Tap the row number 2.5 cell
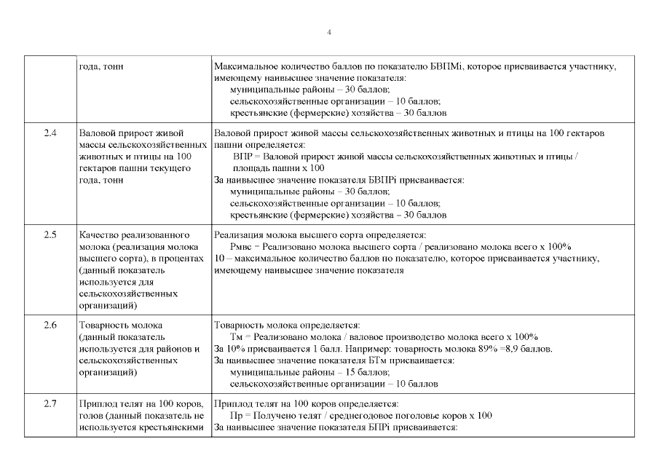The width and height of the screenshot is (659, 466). [50, 235]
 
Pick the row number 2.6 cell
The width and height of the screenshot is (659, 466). [50, 325]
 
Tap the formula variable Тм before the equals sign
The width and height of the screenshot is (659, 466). [237, 336]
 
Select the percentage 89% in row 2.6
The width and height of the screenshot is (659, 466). [476, 348]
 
